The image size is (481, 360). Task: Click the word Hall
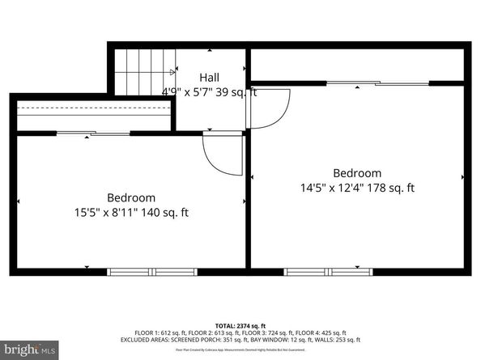(x=210, y=78)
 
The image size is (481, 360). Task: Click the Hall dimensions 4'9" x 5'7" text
(x=195, y=91)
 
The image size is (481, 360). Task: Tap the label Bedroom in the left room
(x=131, y=197)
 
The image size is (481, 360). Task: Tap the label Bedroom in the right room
(x=357, y=173)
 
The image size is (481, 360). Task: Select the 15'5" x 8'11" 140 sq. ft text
(x=131, y=213)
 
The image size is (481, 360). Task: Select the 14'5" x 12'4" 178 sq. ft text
(x=357, y=188)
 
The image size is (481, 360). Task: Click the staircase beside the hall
(x=144, y=71)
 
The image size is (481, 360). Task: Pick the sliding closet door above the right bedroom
(x=377, y=83)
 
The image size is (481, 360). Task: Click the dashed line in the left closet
(x=93, y=108)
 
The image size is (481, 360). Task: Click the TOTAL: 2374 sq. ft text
(x=240, y=324)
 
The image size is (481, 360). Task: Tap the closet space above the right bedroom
(x=356, y=65)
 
